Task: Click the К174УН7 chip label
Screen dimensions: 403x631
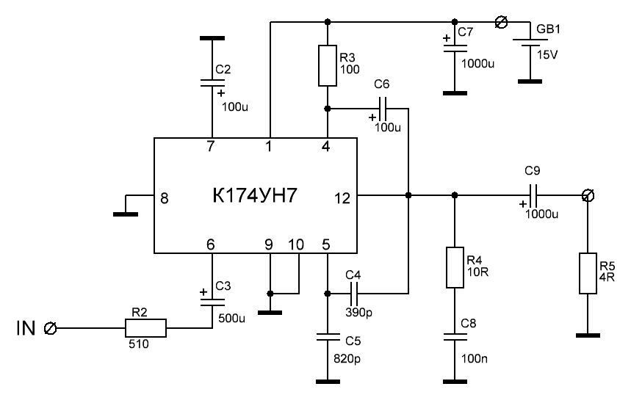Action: (254, 197)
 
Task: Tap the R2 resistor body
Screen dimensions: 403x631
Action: (146, 327)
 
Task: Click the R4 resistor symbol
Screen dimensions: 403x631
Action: (455, 268)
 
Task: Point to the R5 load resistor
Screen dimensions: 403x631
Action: (588, 273)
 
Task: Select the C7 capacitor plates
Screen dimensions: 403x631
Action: (455, 45)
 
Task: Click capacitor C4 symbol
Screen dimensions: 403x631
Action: (354, 294)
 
